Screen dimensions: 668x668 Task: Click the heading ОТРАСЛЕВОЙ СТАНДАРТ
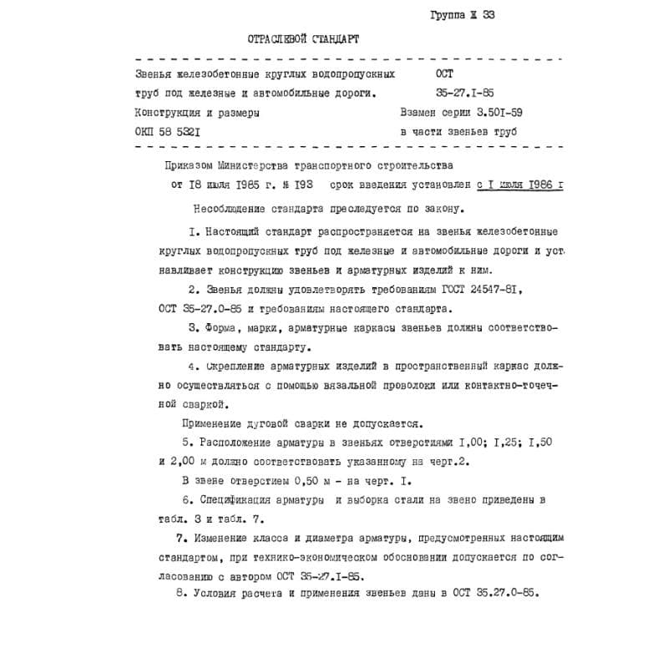click(x=305, y=38)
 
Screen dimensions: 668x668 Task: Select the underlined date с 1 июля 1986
click(x=519, y=186)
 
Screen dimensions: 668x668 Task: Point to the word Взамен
click(x=421, y=112)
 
